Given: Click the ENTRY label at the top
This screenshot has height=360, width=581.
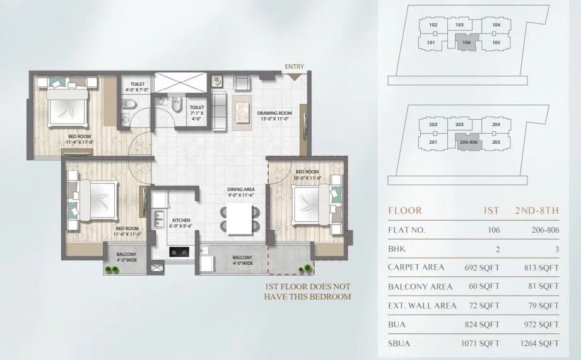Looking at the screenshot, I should point(294,66).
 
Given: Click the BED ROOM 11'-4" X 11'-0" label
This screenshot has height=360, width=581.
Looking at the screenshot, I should point(79,139).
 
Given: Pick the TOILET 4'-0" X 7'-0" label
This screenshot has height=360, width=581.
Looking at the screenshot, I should point(137,86).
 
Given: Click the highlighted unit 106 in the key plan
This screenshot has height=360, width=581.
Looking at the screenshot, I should point(466,43).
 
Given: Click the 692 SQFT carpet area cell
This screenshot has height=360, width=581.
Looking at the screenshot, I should point(484,267).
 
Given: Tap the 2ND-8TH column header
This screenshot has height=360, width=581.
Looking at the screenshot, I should point(537,211).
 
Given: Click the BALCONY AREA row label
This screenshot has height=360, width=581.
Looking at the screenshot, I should point(419,286).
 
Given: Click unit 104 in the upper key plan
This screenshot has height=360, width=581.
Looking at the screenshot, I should point(496,25).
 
